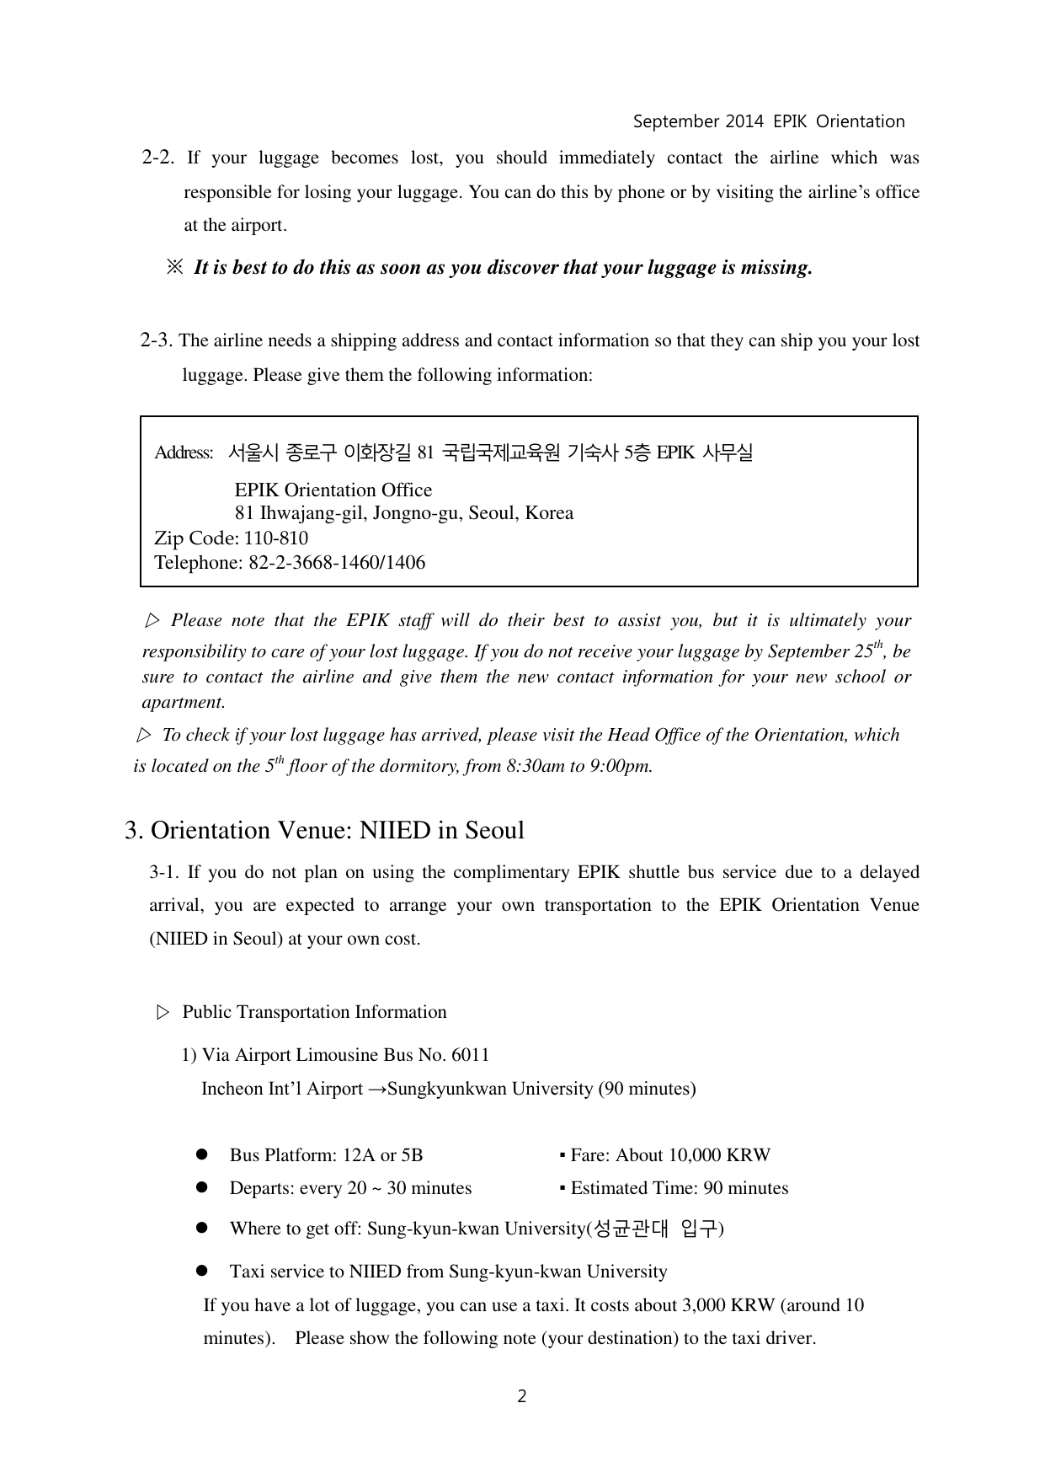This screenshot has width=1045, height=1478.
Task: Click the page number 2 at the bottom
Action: click(x=521, y=1396)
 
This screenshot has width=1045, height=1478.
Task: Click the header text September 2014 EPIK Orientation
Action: click(x=768, y=121)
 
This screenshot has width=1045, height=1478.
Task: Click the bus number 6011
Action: click(x=471, y=1055)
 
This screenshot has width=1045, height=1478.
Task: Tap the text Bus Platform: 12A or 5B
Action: click(x=326, y=1155)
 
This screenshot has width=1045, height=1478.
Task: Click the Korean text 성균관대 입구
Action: click(x=654, y=1229)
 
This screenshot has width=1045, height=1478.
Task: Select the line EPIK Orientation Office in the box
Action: click(x=333, y=490)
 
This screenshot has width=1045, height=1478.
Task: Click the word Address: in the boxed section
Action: click(x=183, y=453)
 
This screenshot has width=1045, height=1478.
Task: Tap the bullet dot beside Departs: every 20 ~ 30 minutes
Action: click(x=202, y=1188)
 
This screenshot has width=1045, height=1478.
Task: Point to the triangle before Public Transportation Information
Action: click(x=163, y=1012)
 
